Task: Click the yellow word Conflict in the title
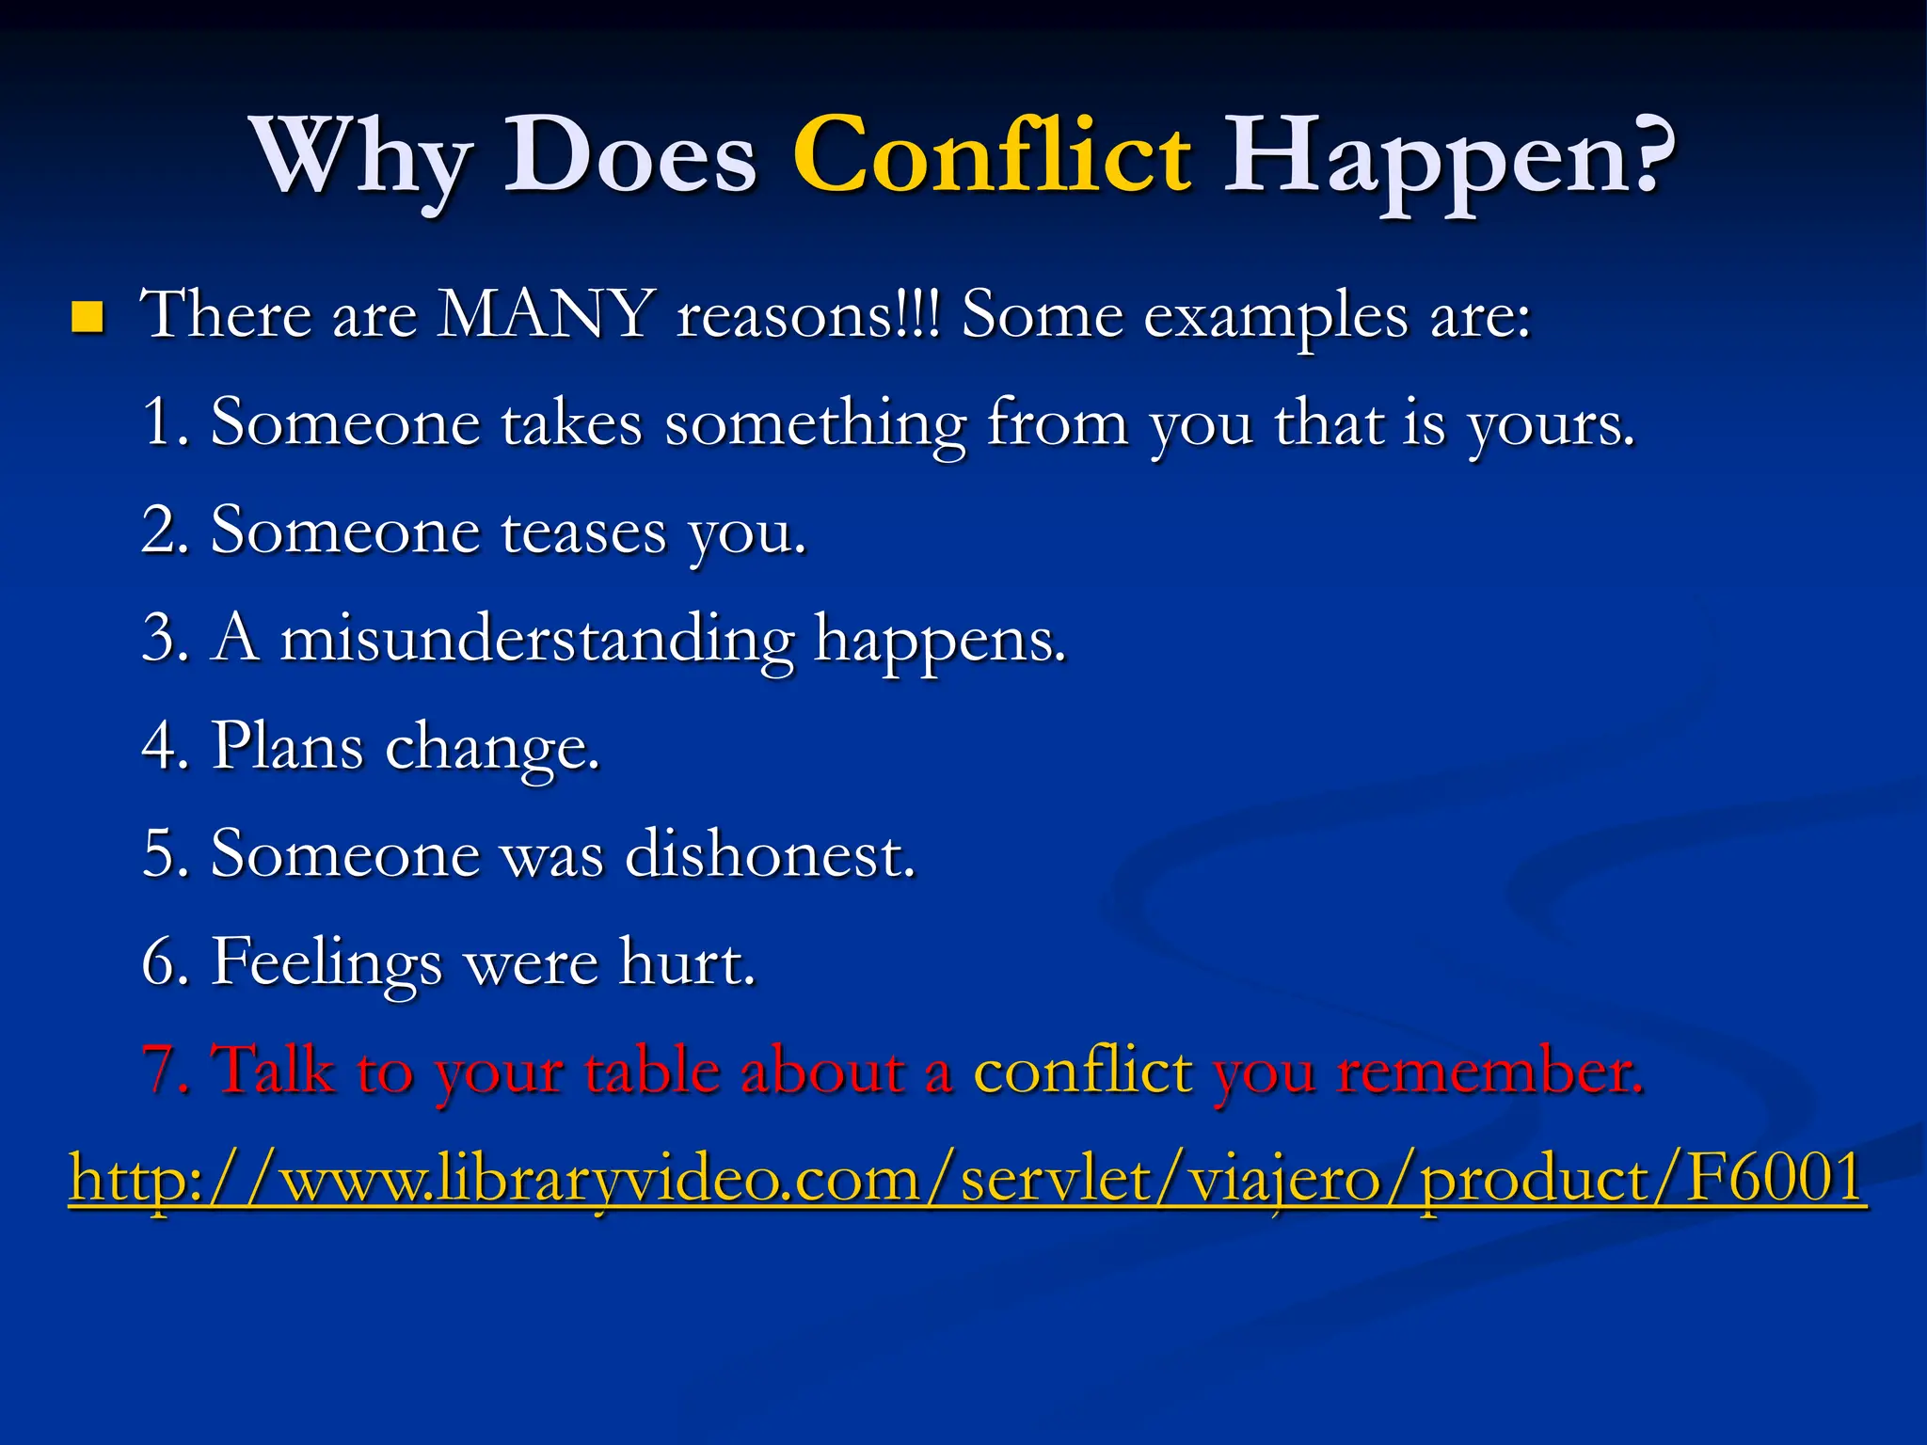click(x=993, y=155)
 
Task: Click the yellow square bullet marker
click(x=87, y=318)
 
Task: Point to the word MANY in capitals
click(x=546, y=314)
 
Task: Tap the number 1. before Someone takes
click(x=167, y=422)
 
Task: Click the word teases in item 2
click(x=583, y=532)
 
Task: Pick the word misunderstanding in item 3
click(x=536, y=640)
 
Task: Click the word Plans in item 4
click(x=287, y=747)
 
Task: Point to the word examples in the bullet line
click(x=1275, y=316)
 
